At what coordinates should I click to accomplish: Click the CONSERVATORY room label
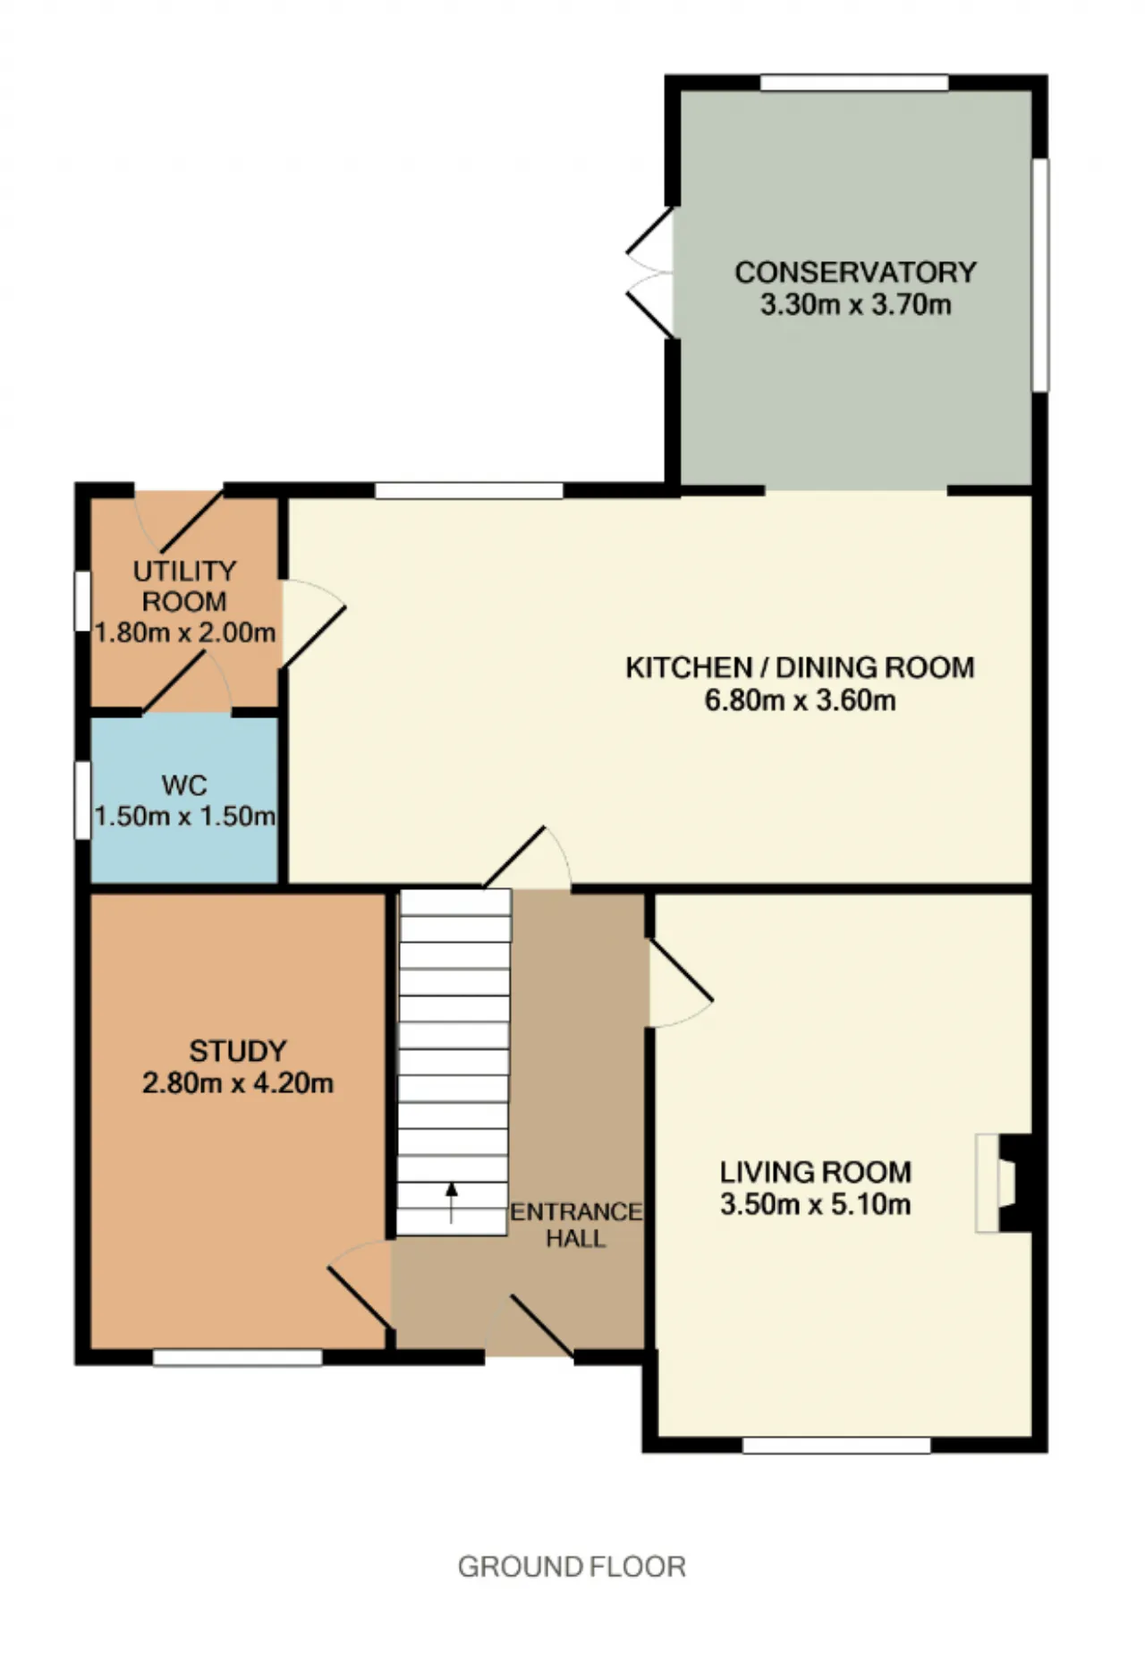click(x=855, y=272)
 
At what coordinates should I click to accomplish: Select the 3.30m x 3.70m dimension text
click(x=855, y=305)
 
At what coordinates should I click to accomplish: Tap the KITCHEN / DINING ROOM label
click(x=800, y=667)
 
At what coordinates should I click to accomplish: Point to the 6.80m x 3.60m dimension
click(x=800, y=700)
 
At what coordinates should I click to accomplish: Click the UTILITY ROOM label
click(x=184, y=586)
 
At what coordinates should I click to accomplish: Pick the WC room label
click(x=184, y=785)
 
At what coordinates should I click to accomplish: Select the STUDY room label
click(x=238, y=1050)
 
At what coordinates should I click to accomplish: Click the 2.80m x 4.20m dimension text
click(x=238, y=1083)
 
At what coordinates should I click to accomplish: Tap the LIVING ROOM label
click(x=816, y=1172)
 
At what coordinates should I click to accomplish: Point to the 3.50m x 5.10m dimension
click(x=816, y=1204)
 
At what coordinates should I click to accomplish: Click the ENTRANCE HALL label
click(x=576, y=1225)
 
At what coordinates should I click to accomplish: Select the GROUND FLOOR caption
click(x=572, y=1566)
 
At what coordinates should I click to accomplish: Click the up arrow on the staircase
click(x=452, y=1202)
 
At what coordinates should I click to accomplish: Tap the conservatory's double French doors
click(x=650, y=273)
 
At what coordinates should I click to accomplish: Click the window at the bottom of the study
click(x=238, y=1357)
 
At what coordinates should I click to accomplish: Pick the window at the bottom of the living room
click(x=836, y=1445)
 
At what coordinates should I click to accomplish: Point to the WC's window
click(x=82, y=801)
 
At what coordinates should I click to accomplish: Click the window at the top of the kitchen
click(x=469, y=490)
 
